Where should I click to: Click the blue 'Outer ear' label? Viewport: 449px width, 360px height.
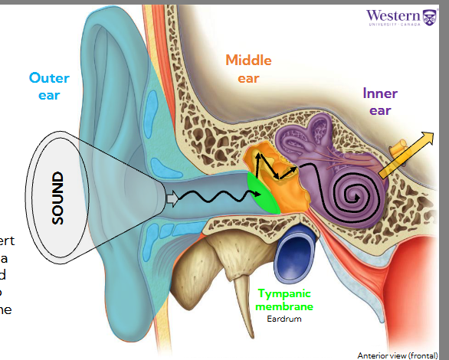(50, 86)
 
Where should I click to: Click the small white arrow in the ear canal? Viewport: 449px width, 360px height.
(172, 199)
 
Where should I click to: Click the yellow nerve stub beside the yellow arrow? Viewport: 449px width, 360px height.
(399, 146)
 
